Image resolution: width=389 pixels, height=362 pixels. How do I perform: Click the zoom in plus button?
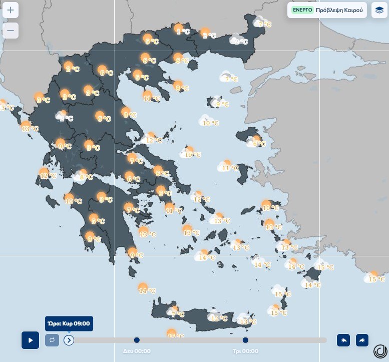pos(11,10)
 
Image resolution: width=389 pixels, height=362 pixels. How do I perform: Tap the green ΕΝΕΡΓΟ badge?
pos(302,10)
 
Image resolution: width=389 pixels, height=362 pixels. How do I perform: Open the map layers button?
pos(379,10)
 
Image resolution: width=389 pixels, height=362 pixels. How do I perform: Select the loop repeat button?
pos(52,340)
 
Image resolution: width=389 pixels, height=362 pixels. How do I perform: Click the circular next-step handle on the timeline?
pos(69,340)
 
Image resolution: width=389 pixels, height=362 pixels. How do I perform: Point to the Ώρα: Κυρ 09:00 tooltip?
pos(69,323)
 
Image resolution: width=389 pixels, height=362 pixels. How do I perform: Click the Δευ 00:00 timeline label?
pos(137,351)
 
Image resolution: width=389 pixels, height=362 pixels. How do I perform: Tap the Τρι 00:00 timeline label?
pos(245,351)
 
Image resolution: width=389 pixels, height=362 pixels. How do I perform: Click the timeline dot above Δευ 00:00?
pos(137,340)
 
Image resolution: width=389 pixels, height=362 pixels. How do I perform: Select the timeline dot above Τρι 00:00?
pos(245,340)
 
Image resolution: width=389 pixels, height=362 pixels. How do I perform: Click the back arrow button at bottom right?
pos(343,340)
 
